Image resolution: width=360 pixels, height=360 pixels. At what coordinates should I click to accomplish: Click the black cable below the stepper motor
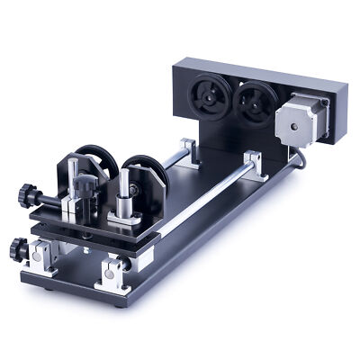(298, 162)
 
